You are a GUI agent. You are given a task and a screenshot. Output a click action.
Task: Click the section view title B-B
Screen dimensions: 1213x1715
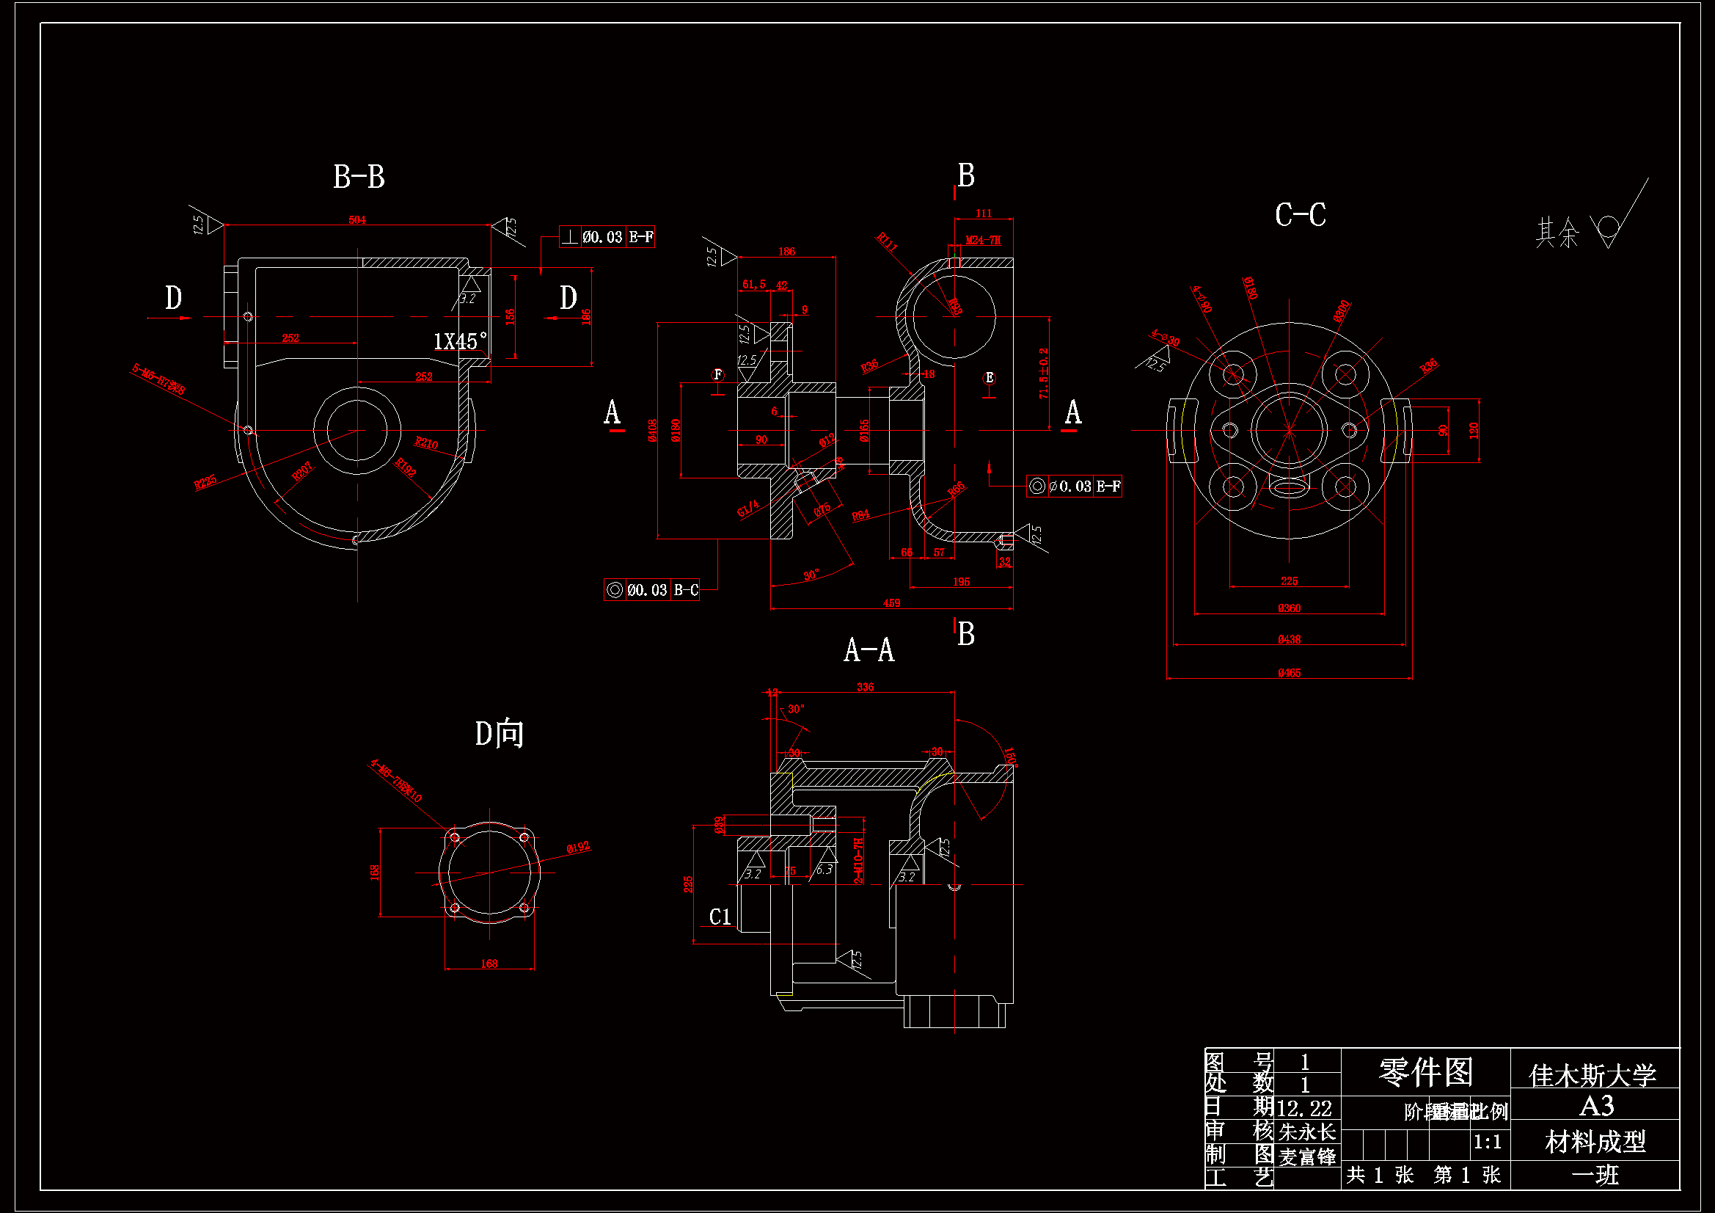coord(359,177)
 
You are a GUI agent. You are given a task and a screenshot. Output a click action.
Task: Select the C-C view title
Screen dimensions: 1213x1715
coord(1300,215)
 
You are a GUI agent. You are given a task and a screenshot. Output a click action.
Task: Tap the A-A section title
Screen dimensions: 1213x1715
coord(869,650)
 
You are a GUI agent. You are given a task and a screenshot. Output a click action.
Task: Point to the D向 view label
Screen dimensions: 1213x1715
coord(499,734)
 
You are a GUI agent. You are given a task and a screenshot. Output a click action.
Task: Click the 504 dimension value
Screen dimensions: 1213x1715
coord(357,219)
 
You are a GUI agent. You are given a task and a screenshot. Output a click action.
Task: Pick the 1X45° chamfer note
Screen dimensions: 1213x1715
coord(460,341)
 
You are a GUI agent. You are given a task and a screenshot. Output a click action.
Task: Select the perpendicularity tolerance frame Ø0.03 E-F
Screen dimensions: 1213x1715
coord(607,237)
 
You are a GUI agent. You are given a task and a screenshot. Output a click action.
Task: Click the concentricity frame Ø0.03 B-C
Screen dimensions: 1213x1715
coord(651,590)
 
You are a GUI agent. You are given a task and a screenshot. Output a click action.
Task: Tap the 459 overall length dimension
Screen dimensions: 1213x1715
coord(891,603)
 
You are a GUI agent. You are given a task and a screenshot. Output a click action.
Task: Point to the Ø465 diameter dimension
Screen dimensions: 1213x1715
coord(1289,673)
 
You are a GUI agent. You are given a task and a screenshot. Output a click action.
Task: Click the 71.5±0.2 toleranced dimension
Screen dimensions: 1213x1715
coord(1044,373)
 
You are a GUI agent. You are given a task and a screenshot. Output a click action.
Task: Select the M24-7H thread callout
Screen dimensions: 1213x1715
coord(982,240)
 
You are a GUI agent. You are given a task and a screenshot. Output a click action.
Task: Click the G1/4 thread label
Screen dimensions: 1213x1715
coord(747,509)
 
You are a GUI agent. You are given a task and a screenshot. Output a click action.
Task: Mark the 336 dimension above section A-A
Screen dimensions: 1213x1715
coord(865,687)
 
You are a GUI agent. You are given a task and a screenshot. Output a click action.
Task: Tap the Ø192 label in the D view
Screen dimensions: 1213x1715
coord(578,848)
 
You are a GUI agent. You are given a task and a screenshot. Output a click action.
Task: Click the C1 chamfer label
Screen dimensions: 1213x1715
coord(720,917)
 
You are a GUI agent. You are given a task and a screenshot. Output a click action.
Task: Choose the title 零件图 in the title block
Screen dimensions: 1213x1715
coord(1425,1073)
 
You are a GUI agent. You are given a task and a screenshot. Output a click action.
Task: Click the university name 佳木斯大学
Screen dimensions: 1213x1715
coord(1592,1076)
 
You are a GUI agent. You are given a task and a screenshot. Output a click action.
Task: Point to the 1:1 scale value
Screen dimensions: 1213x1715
coord(1487,1142)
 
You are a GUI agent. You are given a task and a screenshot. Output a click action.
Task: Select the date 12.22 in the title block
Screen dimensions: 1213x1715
coord(1305,1107)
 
